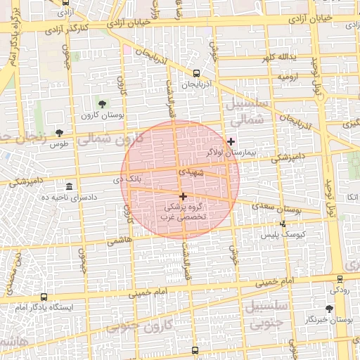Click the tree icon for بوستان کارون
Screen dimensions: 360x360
pos(103,104)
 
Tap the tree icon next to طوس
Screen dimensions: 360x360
pos(59,132)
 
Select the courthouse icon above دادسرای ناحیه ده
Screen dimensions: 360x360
pos(69,186)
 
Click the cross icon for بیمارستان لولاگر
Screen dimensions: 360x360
pos(231,141)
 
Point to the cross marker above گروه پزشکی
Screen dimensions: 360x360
pos(184,197)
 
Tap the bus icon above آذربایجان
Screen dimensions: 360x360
pos(195,72)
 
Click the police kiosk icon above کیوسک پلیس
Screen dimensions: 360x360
pos(283,224)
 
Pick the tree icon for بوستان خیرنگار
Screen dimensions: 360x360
pos(329,309)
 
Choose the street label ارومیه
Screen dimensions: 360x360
pos(290,75)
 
